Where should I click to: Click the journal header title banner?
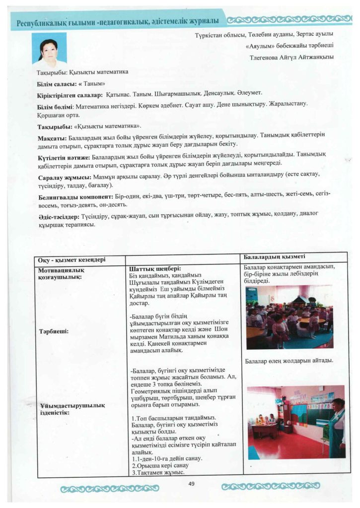(118, 22)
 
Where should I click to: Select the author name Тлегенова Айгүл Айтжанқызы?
(292, 57)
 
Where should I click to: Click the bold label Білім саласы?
(55, 83)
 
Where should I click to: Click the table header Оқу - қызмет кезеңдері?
(72, 260)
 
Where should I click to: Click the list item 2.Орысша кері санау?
(158, 466)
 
